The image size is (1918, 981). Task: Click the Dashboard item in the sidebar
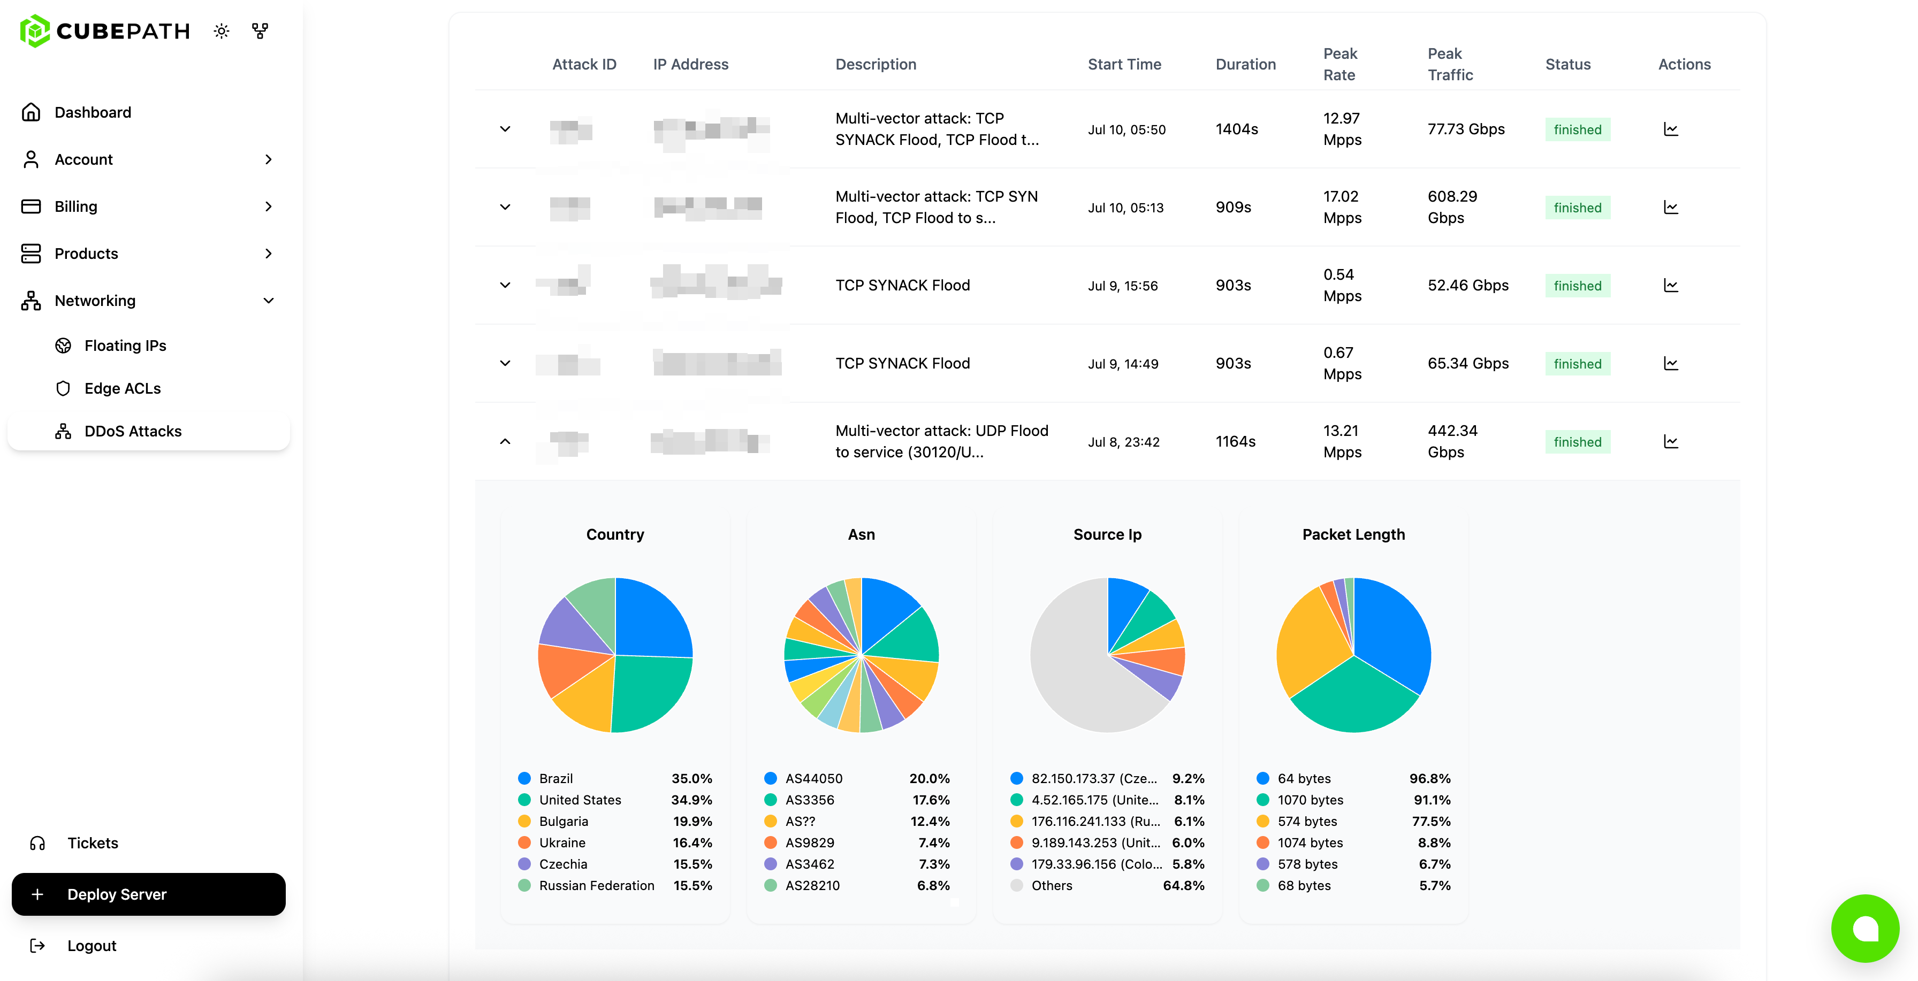pyautogui.click(x=93, y=112)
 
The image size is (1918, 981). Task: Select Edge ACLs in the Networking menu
pyautogui.click(x=122, y=388)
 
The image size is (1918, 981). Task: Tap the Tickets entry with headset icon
pyautogui.click(x=93, y=842)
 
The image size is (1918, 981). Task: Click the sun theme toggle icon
pyautogui.click(x=221, y=31)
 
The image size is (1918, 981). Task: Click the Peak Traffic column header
pyautogui.click(x=1450, y=64)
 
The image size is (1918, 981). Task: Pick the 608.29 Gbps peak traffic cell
pyautogui.click(x=1451, y=207)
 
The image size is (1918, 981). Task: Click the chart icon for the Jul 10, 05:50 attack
pyautogui.click(x=1670, y=129)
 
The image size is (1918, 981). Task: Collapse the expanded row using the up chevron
pyautogui.click(x=505, y=441)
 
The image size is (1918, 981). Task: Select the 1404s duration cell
pyautogui.click(x=1236, y=129)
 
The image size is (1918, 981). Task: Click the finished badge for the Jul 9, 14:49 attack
pyautogui.click(x=1577, y=364)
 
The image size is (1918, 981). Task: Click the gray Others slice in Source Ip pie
pyautogui.click(x=1072, y=670)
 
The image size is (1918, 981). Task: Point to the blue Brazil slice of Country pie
pyautogui.click(x=651, y=618)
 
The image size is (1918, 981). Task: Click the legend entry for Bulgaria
pyautogui.click(x=563, y=821)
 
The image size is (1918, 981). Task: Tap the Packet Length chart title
pyautogui.click(x=1353, y=534)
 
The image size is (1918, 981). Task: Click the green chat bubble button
pyautogui.click(x=1864, y=928)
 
